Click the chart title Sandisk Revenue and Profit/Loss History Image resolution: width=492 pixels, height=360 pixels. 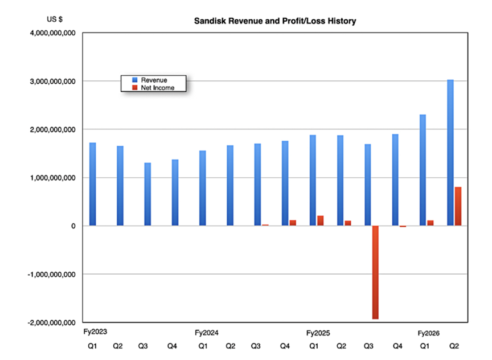click(275, 21)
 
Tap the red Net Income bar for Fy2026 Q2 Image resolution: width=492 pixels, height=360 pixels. click(458, 206)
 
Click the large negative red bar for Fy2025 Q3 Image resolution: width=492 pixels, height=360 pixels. click(375, 272)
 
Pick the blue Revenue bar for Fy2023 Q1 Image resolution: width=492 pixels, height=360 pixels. click(92, 184)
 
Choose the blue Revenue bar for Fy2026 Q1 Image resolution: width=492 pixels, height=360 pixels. click(423, 170)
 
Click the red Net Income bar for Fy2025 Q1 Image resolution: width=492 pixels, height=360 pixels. click(320, 220)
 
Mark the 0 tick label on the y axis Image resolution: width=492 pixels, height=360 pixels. click(73, 226)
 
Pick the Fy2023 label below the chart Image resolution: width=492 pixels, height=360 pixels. click(96, 331)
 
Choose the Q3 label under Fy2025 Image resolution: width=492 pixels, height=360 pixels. click(368, 346)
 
